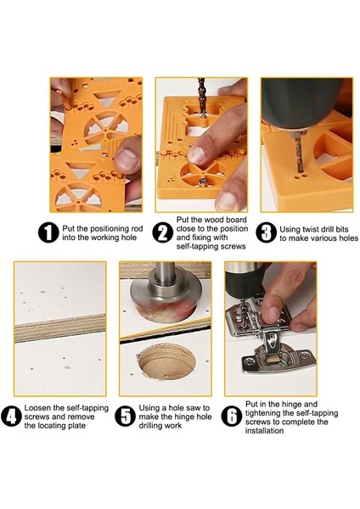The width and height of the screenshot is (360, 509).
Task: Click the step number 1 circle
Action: point(48,232)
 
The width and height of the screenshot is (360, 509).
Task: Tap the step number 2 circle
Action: point(162,232)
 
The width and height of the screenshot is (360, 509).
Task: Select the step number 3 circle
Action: point(266,232)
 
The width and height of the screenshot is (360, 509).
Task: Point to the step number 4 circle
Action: point(11,417)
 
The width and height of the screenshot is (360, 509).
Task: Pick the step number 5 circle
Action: point(126,417)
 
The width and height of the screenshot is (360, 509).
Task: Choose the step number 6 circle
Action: point(231,417)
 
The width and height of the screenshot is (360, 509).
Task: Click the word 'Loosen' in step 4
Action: point(36,408)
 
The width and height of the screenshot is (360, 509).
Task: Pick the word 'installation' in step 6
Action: point(264,431)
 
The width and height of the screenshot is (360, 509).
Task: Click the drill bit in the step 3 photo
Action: point(298,153)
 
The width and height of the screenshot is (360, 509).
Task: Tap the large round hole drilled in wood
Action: point(166,361)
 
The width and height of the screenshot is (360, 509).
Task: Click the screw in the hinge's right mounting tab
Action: point(305,355)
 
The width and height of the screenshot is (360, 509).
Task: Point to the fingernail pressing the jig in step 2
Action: point(196,155)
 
